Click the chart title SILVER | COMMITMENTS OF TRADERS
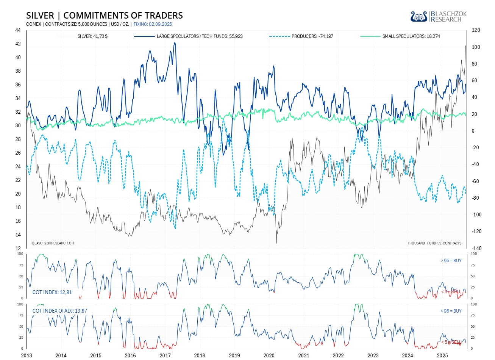pyautogui.click(x=105, y=16)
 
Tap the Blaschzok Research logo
pyautogui.click(x=439, y=16)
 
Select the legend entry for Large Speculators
pyautogui.click(x=200, y=36)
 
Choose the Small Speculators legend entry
pyautogui.click(x=411, y=36)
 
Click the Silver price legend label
pyautogui.click(x=92, y=36)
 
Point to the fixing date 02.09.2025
pyautogui.click(x=153, y=24)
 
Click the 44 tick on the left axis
pyautogui.click(x=18, y=30)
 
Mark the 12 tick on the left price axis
pyautogui.click(x=18, y=249)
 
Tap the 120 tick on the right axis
pyautogui.click(x=476, y=30)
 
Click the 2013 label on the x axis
pyautogui.click(x=27, y=355)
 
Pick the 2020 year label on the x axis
pyautogui.click(x=269, y=355)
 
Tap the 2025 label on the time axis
pyautogui.click(x=442, y=355)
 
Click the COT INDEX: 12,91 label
pyautogui.click(x=52, y=292)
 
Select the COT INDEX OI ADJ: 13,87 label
pyautogui.click(x=60, y=311)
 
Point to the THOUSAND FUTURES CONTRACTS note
pyautogui.click(x=434, y=243)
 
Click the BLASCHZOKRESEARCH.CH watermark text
pyautogui.click(x=53, y=243)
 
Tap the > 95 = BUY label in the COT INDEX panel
pyautogui.click(x=451, y=261)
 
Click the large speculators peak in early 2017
pyautogui.click(x=175, y=43)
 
